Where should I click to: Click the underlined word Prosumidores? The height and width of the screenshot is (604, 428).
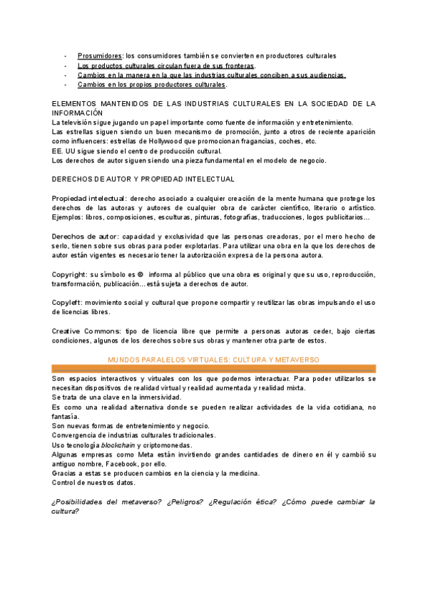100,56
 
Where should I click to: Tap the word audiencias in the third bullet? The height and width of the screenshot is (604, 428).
326,75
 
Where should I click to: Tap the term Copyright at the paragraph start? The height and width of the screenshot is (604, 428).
70,274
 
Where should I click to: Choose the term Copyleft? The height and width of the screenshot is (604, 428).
68,303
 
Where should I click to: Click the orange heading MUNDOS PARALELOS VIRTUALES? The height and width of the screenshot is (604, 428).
213,360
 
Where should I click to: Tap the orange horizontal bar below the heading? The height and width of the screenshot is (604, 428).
213,368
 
